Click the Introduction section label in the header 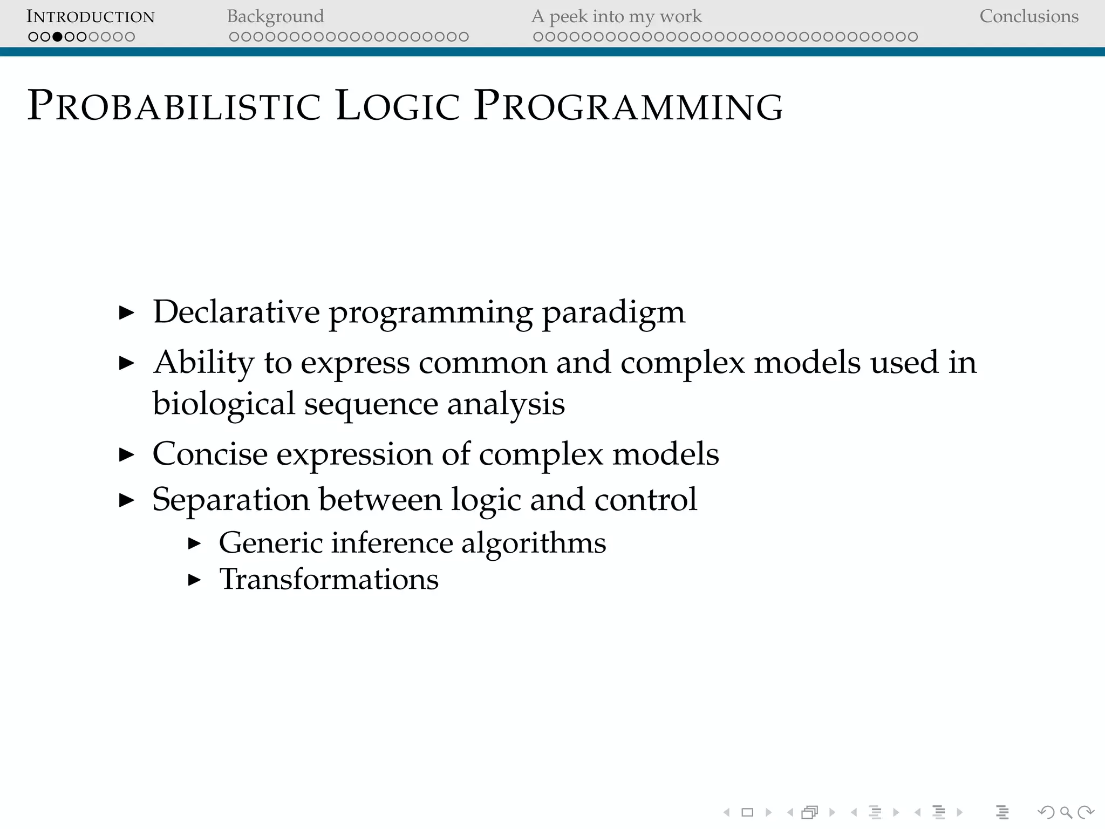click(x=90, y=17)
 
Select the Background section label click(x=275, y=17)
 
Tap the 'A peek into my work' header click(x=616, y=17)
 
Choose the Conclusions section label click(x=1028, y=17)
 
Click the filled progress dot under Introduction click(x=57, y=37)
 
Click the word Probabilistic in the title click(x=174, y=105)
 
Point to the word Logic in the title click(x=398, y=105)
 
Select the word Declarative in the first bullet click(x=236, y=312)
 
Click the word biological click(x=223, y=404)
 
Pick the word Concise click(x=210, y=454)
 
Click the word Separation click(x=230, y=500)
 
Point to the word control click(x=645, y=499)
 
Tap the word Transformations click(x=329, y=580)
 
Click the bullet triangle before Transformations click(x=194, y=580)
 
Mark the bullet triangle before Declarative click(x=126, y=312)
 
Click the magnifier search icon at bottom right click(x=1066, y=812)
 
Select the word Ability click(x=203, y=363)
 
